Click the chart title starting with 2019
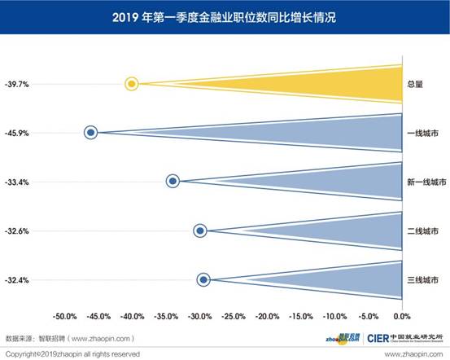click(x=225, y=15)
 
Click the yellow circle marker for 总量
click(x=132, y=83)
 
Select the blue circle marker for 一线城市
click(x=91, y=132)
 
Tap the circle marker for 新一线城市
click(x=173, y=182)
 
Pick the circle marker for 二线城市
click(x=200, y=230)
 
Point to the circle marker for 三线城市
click(x=203, y=280)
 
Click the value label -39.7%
click(x=17, y=83)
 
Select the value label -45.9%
click(x=17, y=133)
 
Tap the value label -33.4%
click(x=17, y=182)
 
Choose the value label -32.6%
click(x=17, y=231)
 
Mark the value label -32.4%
click(x=17, y=280)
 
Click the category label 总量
click(x=415, y=83)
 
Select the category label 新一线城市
click(x=426, y=182)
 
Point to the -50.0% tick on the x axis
click(x=64, y=315)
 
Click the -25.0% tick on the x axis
click(x=233, y=315)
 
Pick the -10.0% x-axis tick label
click(x=334, y=315)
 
